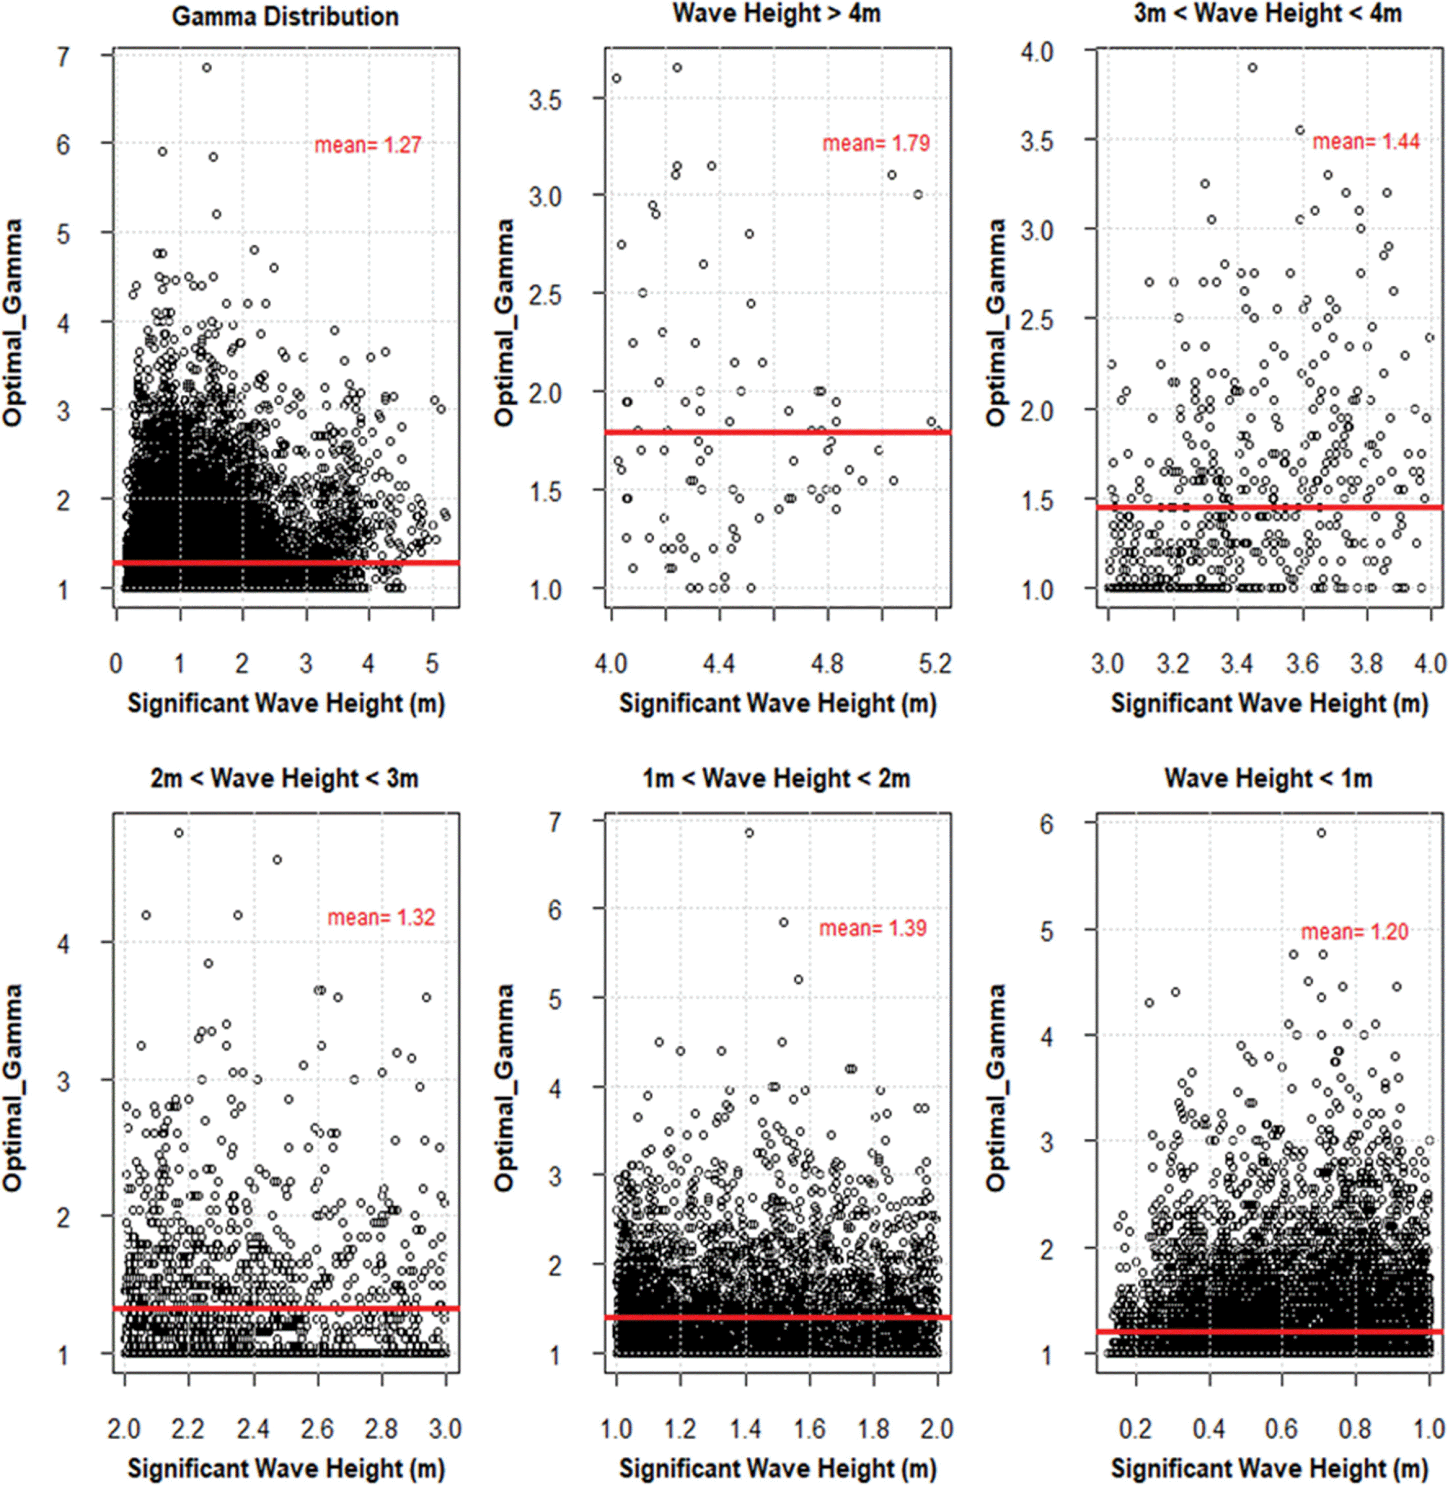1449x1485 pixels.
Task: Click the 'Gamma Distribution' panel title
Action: pyautogui.click(x=286, y=17)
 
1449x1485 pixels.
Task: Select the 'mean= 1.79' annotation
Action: pyautogui.click(x=876, y=143)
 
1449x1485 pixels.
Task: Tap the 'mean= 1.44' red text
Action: pyautogui.click(x=1366, y=141)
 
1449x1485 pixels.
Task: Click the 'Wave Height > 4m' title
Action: pyautogui.click(x=776, y=14)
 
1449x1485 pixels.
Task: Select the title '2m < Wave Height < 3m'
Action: pyautogui.click(x=284, y=778)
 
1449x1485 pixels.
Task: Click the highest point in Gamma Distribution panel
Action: pyautogui.click(x=206, y=68)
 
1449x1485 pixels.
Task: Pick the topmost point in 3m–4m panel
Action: pyautogui.click(x=1253, y=68)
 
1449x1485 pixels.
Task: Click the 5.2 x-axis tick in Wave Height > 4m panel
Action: pyautogui.click(x=935, y=663)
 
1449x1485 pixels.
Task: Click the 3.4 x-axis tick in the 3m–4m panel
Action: pyautogui.click(x=1237, y=663)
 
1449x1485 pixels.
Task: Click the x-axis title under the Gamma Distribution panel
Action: pyautogui.click(x=286, y=703)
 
